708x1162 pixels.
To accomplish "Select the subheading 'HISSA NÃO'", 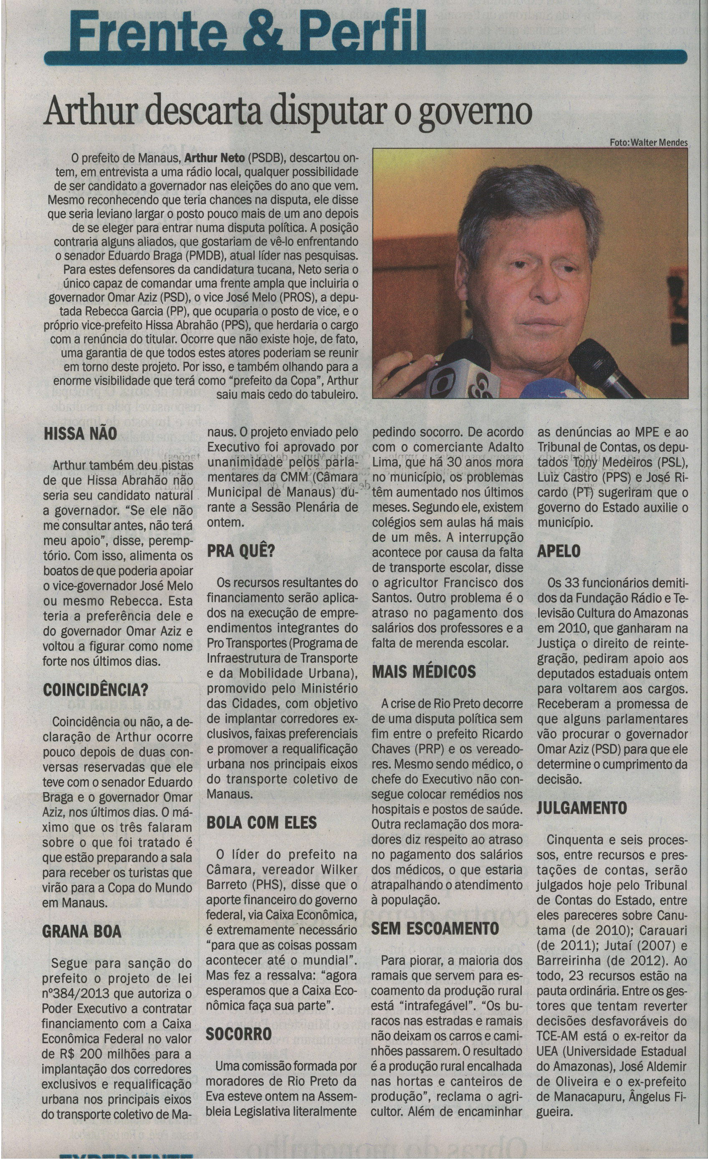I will click(x=80, y=433).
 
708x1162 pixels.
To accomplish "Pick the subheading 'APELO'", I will click(x=559, y=551).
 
